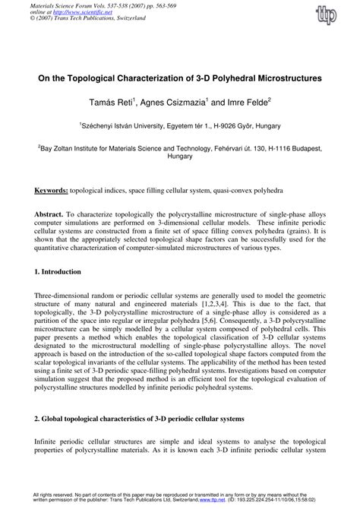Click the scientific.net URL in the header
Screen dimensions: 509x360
86,11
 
